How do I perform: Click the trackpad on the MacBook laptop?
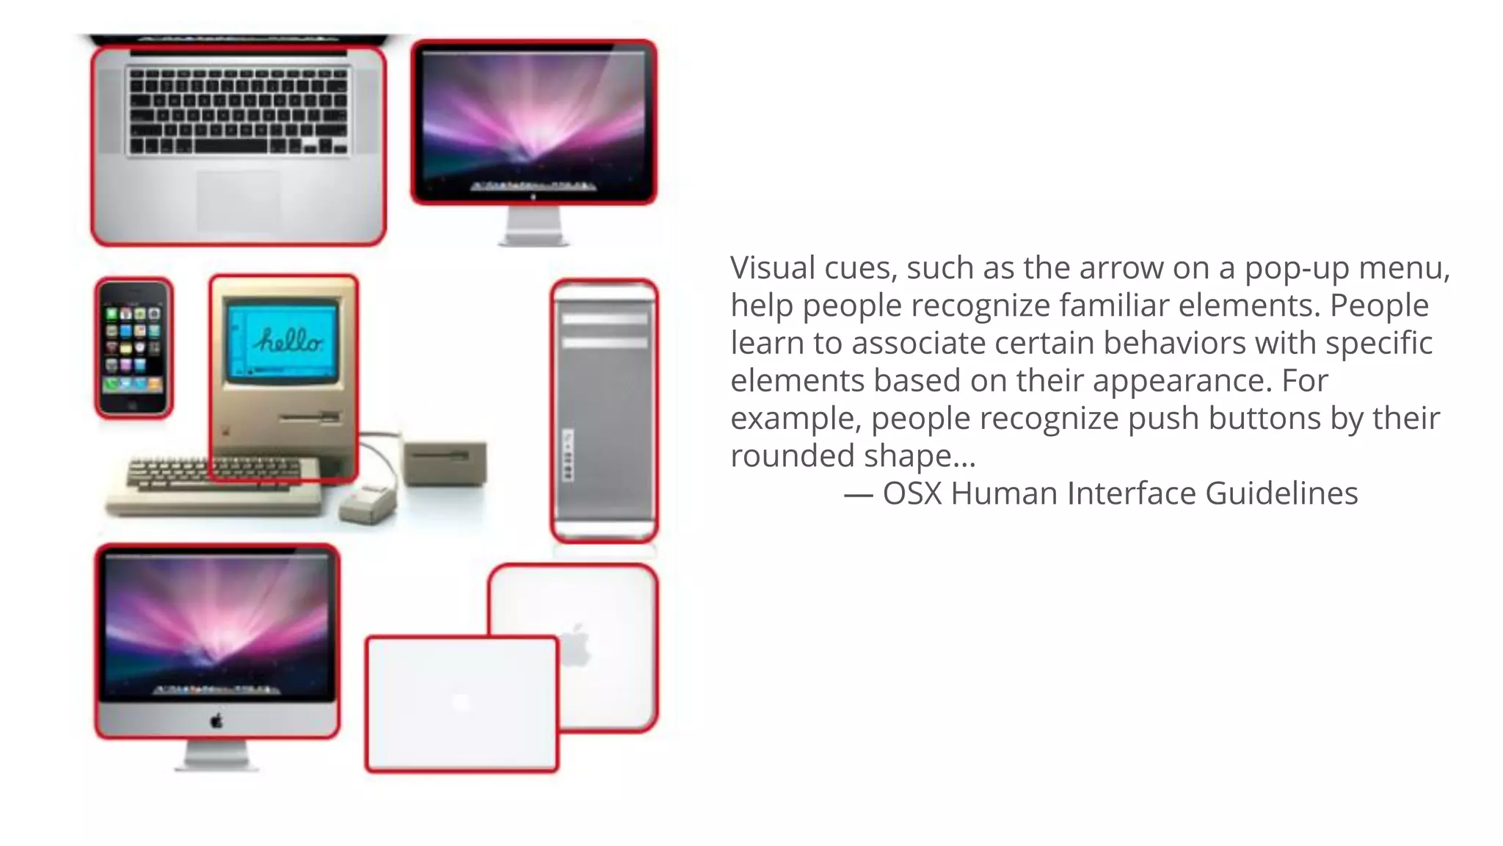(x=237, y=202)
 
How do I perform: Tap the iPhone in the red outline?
(x=134, y=348)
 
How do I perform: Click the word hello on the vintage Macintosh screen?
(x=288, y=341)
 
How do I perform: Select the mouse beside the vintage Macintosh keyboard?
(x=368, y=504)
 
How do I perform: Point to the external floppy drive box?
(x=445, y=463)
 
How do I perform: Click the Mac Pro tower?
(x=604, y=411)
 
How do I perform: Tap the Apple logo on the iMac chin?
(x=216, y=720)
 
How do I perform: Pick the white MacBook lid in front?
(x=462, y=704)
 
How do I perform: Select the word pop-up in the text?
(x=1297, y=269)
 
